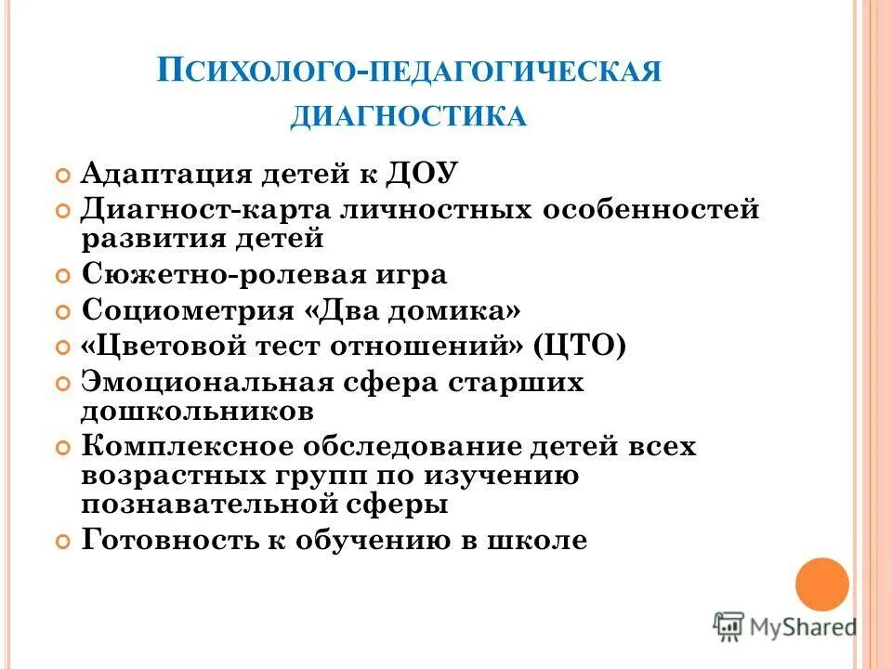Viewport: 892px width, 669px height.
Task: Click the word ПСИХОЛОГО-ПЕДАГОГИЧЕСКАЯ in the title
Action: [x=410, y=72]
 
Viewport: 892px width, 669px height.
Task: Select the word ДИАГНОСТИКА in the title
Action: [x=410, y=117]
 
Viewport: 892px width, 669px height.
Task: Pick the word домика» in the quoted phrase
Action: [x=464, y=310]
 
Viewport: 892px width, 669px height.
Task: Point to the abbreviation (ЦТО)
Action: [x=581, y=347]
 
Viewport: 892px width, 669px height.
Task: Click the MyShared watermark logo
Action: [x=785, y=625]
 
